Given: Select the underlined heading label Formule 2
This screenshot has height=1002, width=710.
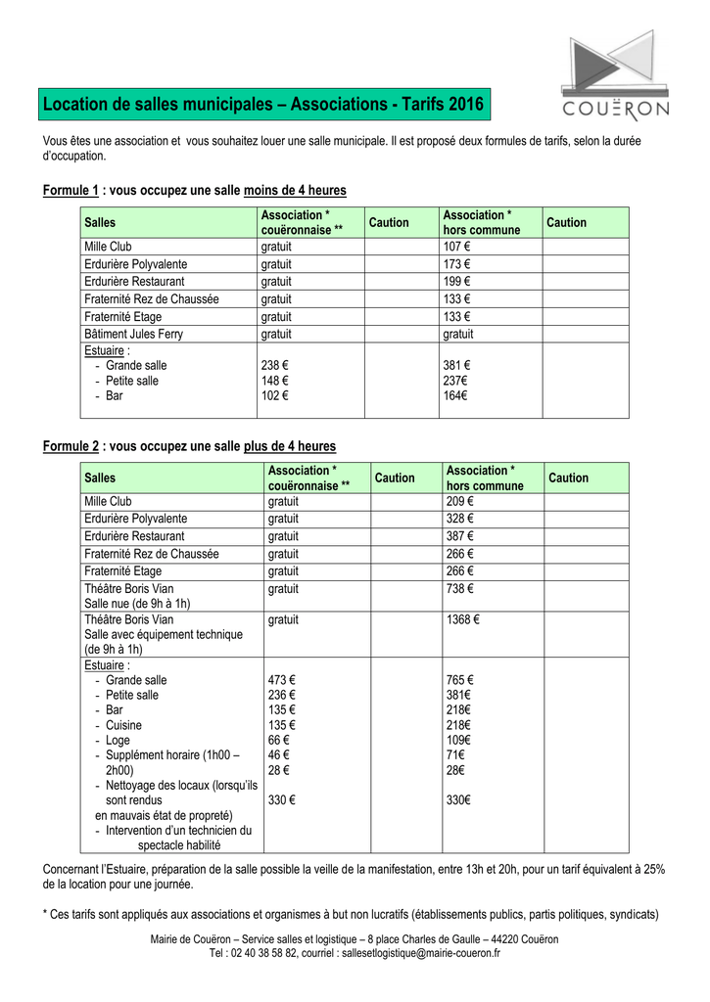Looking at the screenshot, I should coord(71,446).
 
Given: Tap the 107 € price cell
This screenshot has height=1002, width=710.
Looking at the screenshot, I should coord(456,247).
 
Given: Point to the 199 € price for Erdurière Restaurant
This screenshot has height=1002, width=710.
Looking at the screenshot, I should coord(456,282).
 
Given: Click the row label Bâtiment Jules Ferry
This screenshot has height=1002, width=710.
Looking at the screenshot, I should coord(133,334).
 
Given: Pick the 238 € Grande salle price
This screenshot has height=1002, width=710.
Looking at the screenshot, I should coord(275,365).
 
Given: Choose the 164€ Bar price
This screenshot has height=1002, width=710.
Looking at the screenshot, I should coord(455,396).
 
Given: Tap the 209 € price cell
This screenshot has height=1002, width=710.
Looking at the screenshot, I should coord(459,501).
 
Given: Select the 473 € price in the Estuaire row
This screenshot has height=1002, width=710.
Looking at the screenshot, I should coord(282,680).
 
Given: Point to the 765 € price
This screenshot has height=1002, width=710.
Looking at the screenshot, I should coord(460,680).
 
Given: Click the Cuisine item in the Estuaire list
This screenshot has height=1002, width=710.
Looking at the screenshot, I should coord(123,725).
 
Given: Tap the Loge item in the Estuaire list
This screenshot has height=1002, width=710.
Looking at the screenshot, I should coord(118,741).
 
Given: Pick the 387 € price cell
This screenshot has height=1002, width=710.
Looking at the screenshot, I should coord(459,536).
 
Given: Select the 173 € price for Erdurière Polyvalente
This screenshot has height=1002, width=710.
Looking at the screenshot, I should coord(456,264).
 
